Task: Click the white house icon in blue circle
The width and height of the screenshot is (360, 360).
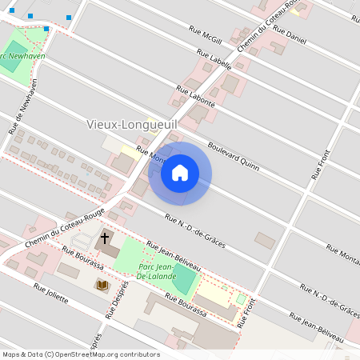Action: pyautogui.click(x=180, y=173)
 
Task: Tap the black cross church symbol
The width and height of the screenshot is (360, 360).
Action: pyautogui.click(x=104, y=238)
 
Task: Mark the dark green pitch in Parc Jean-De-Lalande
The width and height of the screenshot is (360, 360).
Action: pyautogui.click(x=184, y=278)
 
